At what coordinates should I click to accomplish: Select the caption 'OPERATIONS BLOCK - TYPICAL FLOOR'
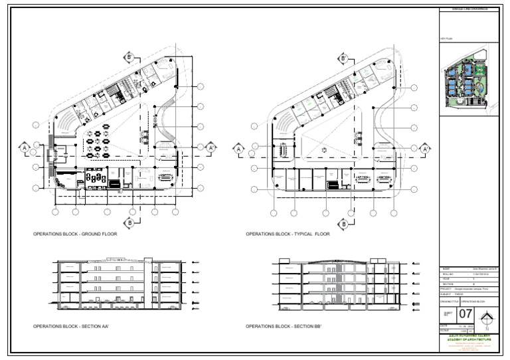point(288,234)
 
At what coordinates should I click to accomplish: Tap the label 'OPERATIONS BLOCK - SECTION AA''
point(71,327)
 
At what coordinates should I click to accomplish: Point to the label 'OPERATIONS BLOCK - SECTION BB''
point(284,327)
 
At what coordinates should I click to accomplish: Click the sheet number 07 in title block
point(466,314)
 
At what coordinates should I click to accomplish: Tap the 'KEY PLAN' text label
point(446,40)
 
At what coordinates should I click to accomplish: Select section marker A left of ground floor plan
point(23,147)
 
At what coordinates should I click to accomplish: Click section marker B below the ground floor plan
point(131,223)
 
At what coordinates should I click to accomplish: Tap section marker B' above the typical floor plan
point(344,59)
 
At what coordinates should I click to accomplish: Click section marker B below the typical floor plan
point(344,224)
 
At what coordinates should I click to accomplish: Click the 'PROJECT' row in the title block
point(468,290)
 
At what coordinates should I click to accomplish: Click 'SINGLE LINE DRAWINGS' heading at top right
point(468,9)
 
